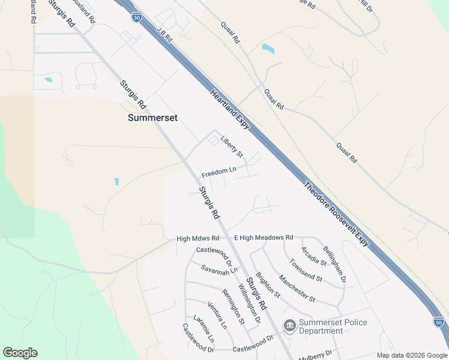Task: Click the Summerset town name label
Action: pos(152,118)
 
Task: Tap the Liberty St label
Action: pos(232,147)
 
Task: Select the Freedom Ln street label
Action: pos(219,173)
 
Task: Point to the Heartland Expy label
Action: pos(230,109)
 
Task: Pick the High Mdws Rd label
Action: pos(198,239)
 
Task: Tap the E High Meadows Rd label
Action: pos(264,238)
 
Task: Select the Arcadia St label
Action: pos(314,256)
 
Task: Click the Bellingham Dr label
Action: pos(334,263)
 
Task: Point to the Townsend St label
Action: pos(306,271)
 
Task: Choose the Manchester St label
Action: pos(297,287)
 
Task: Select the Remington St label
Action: pos(233,307)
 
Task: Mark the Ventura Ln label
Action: pos(217,316)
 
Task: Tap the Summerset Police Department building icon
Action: pos(289,326)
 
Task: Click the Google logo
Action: pos(20,353)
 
